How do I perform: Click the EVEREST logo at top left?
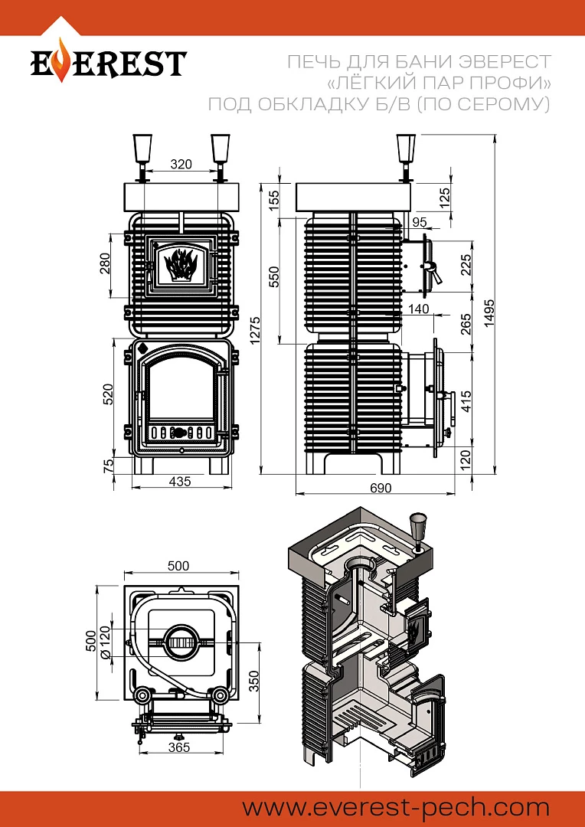(107, 63)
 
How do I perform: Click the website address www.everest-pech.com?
(396, 807)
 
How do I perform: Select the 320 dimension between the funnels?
(181, 165)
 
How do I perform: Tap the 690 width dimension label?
(381, 488)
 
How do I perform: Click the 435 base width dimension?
(180, 481)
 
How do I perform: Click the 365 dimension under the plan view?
(178, 747)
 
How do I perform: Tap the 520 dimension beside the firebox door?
(108, 394)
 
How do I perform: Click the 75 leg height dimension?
(108, 464)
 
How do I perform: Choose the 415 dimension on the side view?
(466, 398)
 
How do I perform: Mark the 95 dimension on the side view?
(419, 222)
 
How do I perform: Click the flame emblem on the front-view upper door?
(181, 264)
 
